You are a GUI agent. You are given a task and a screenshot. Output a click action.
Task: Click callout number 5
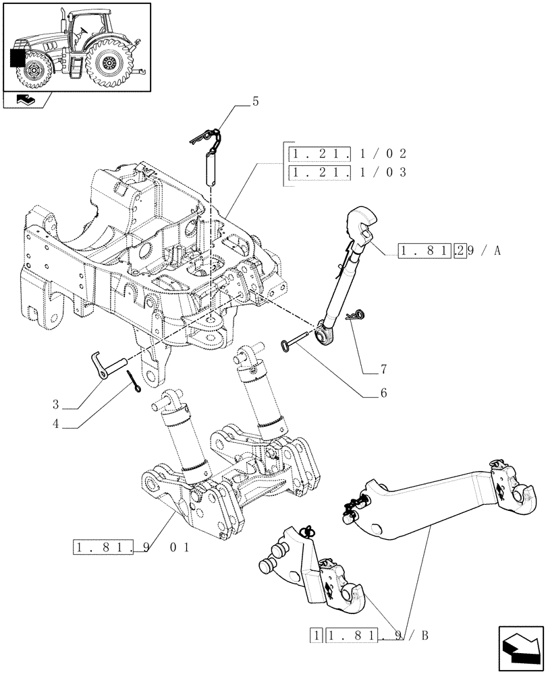tap(255, 102)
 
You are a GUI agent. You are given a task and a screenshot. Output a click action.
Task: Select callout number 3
tap(56, 405)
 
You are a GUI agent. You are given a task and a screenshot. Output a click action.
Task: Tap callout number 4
tap(56, 425)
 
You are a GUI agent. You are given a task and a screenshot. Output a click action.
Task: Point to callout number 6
tap(383, 391)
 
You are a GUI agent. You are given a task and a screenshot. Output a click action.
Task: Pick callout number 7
tap(383, 369)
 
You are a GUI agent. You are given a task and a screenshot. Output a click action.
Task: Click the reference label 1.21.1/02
tap(348, 154)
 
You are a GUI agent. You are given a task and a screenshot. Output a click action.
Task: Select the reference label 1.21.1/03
tap(348, 172)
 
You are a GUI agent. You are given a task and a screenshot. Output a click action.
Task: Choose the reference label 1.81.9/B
tap(370, 635)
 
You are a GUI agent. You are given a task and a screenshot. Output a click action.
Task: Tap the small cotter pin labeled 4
tap(133, 387)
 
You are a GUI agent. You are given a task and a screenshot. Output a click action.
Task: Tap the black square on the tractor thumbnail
tap(18, 59)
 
